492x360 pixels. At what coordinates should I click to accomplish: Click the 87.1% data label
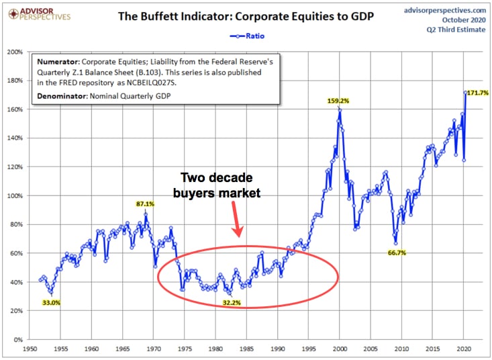[144, 204]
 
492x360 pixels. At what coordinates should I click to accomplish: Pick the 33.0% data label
[50, 303]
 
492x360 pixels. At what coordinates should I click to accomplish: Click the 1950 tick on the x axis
[30, 349]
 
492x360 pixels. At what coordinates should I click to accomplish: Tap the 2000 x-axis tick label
[340, 349]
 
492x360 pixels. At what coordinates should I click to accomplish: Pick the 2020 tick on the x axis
[464, 349]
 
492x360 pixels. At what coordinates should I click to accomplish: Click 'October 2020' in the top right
[462, 20]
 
